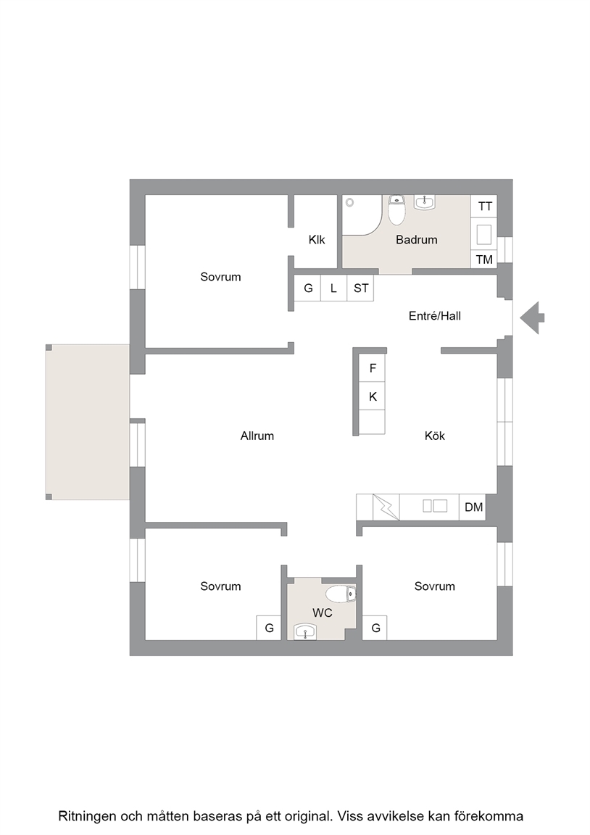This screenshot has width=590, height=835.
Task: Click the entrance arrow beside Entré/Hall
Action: (x=531, y=318)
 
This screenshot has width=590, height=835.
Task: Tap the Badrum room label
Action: (x=417, y=240)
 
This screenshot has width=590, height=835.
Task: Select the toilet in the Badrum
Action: (x=396, y=209)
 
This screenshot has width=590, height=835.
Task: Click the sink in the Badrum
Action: (x=425, y=202)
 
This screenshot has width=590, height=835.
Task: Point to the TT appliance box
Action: (x=484, y=206)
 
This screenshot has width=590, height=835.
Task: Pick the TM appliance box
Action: (x=484, y=259)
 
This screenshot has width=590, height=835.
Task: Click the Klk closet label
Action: (x=317, y=240)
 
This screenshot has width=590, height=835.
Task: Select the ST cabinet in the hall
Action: (x=360, y=288)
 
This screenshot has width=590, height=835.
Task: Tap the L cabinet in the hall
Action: (x=334, y=288)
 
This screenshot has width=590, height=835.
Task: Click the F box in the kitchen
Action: (x=373, y=368)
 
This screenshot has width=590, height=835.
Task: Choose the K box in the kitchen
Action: (x=373, y=396)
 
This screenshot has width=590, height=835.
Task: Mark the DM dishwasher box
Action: (x=473, y=507)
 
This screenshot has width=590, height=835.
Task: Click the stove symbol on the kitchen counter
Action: (x=386, y=507)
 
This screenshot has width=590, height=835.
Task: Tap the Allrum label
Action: (x=257, y=436)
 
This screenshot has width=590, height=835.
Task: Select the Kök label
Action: (x=434, y=436)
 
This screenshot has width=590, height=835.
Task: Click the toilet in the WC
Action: (x=341, y=593)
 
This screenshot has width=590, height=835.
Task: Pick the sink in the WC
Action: (x=305, y=631)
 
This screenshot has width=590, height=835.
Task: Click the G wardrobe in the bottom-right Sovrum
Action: (x=375, y=628)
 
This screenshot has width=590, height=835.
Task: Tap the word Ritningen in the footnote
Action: (x=87, y=816)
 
